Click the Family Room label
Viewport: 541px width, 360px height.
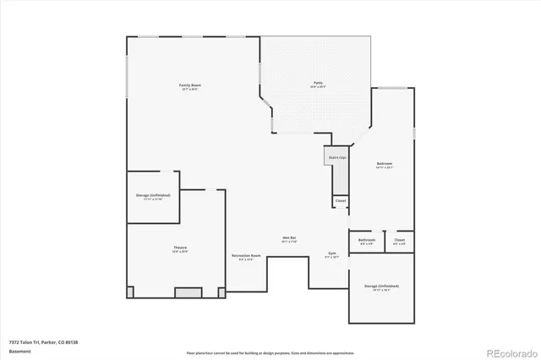pos(189,85)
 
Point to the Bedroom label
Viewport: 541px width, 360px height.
pos(385,164)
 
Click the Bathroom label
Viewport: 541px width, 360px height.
pos(366,241)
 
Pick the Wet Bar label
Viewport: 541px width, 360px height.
pos(289,239)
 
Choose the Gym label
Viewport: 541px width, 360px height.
pos(332,254)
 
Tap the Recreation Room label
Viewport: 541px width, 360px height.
pos(245,256)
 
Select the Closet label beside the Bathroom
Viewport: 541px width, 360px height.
pos(399,241)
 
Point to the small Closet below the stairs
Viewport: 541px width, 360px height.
pos(340,201)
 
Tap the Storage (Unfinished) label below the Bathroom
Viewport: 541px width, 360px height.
pos(381,286)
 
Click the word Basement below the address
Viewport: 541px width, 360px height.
pos(19,351)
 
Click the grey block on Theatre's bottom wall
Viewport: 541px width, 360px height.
pos(183,292)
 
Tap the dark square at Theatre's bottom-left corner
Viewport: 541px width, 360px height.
pos(130,292)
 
